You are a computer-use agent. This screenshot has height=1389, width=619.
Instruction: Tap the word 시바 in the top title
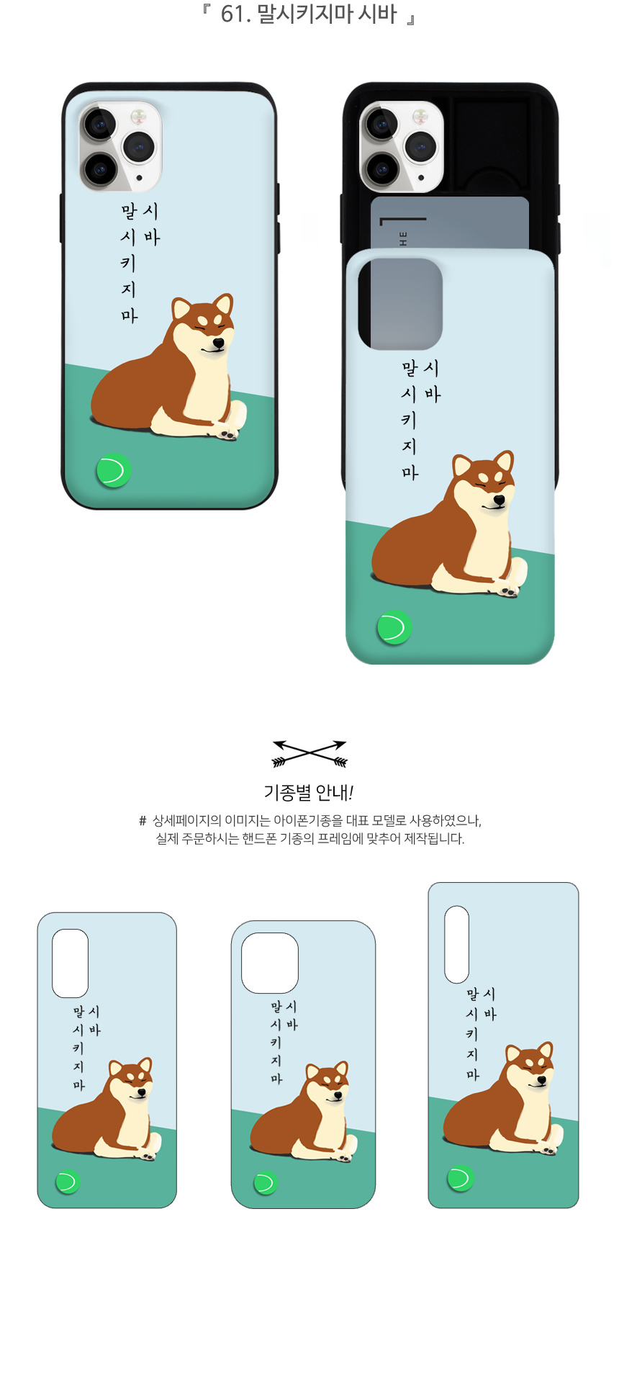[377, 14]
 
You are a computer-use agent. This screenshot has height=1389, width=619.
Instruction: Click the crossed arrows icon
[309, 753]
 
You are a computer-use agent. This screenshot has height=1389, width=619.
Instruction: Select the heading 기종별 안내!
[309, 793]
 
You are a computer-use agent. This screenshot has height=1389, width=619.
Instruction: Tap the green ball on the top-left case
[114, 471]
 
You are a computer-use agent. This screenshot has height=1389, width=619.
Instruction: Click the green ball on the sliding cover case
[394, 627]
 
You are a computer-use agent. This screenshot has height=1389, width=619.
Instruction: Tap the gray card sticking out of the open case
[450, 223]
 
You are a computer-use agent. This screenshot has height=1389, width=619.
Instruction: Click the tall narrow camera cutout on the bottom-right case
[456, 944]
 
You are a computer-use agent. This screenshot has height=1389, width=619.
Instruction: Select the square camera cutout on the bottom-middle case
[270, 963]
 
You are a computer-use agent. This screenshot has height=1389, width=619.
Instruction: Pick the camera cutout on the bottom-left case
[70, 963]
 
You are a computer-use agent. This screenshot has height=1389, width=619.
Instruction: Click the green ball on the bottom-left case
[68, 1182]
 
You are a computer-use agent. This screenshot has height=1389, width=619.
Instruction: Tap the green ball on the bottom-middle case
[265, 1183]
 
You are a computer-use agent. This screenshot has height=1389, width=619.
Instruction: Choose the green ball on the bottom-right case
[461, 1179]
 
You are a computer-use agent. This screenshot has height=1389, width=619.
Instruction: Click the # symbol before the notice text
[143, 821]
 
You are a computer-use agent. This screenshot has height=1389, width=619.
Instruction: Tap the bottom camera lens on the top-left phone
[100, 170]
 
